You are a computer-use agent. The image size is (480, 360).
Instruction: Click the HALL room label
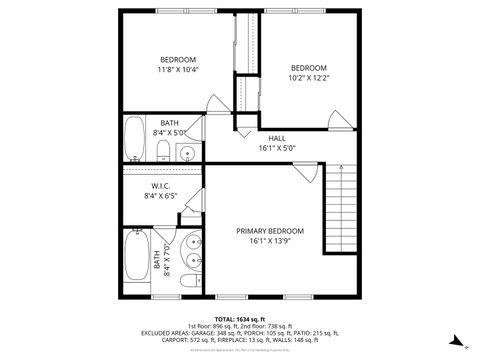pos(277,137)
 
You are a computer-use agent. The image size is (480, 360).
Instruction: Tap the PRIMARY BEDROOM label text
pos(270,231)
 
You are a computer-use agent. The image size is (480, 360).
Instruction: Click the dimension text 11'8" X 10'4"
pos(177,70)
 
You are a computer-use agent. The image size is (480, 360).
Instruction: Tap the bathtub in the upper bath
pos(134,140)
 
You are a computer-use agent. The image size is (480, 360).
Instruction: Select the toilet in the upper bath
pos(163,151)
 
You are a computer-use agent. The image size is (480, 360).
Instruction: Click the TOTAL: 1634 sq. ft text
pos(239,316)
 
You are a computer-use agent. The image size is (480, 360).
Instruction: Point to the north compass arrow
pos(455,340)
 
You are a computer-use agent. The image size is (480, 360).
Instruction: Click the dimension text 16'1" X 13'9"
pos(270,241)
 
